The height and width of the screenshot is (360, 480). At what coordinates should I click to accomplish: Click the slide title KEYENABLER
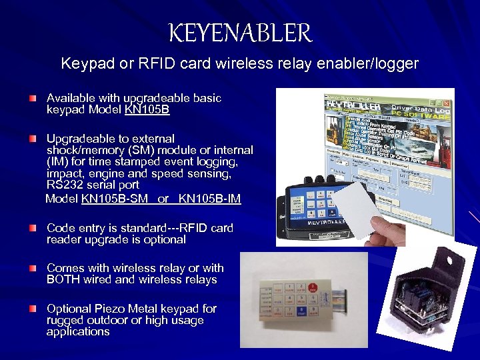[x=240, y=33]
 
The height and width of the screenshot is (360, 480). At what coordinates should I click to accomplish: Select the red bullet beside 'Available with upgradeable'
[x=33, y=99]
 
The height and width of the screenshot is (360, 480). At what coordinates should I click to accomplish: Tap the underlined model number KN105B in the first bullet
[x=147, y=109]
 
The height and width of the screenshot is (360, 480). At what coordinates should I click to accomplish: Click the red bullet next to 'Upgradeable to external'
[x=33, y=139]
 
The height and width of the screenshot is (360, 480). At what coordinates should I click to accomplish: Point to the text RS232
[x=65, y=185]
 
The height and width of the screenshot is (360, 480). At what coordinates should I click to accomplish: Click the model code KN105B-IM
[x=210, y=199]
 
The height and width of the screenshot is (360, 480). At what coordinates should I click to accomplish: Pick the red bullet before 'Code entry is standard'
[x=33, y=229]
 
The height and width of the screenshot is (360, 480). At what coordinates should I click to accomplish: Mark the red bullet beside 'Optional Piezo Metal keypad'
[x=33, y=309]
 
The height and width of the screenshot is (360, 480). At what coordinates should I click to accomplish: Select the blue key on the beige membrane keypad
[x=302, y=309]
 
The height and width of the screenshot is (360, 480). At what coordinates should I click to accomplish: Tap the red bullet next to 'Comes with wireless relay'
[x=33, y=269]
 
